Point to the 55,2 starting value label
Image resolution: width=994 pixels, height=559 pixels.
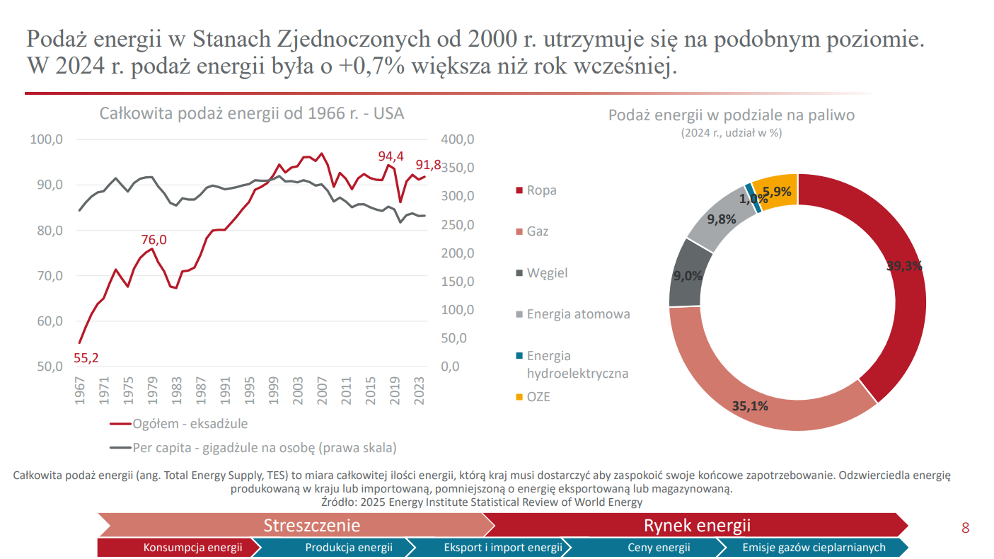point(86,358)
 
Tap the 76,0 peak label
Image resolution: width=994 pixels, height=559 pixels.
point(154,240)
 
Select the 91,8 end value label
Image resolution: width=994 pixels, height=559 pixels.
point(428,165)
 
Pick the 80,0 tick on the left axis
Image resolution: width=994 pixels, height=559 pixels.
point(47,231)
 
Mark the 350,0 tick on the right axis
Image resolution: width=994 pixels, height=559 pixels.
point(458,168)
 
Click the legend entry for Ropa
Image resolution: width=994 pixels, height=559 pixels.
point(541,190)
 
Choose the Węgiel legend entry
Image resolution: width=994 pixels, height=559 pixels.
point(547,273)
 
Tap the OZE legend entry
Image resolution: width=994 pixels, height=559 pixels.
point(538,397)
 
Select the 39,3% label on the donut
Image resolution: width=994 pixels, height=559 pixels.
point(904,266)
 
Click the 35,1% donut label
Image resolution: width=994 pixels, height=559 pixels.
point(750,406)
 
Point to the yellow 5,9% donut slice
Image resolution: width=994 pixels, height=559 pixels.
point(775,190)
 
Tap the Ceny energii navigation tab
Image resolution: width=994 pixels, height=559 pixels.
point(659,547)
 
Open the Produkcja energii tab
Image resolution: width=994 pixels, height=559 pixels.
point(348,547)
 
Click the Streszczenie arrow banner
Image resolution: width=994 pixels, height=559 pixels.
point(311,525)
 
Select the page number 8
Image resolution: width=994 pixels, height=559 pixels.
point(965,528)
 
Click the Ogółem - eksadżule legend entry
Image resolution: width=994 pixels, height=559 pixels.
point(190,424)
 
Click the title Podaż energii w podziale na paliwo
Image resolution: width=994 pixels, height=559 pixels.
point(732,115)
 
